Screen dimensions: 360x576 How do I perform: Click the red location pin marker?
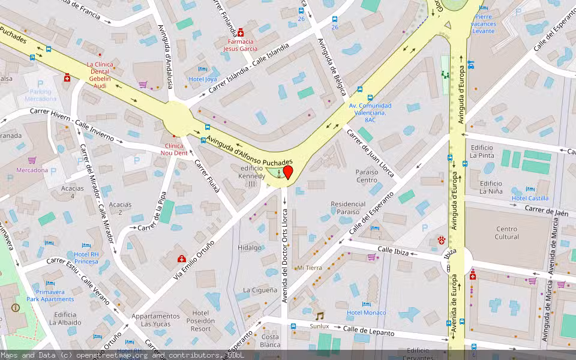[287, 173]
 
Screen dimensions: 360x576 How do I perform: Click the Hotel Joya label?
[203, 79]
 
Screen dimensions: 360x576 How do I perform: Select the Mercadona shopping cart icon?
[32, 160]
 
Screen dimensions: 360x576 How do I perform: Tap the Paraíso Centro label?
[367, 176]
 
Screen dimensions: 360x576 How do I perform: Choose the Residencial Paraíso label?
[348, 208]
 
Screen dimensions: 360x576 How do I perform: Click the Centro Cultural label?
[506, 233]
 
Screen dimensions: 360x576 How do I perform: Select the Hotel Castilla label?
[530, 198]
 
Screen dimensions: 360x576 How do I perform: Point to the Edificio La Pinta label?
[482, 151]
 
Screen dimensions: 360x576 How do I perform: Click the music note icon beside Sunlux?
[319, 316]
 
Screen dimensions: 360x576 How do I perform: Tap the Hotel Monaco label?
[366, 313]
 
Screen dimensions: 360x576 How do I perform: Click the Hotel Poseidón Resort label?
[200, 320]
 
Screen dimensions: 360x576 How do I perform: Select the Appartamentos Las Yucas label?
[155, 320]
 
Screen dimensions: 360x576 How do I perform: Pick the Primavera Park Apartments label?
[50, 295]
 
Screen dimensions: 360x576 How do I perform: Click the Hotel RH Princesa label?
[86, 257]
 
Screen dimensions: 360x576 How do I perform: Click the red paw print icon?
[442, 240]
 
